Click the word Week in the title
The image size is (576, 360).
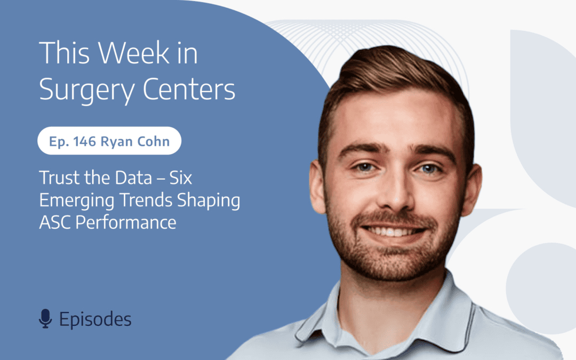coord(134,53)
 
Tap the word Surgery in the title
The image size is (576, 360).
coord(87,90)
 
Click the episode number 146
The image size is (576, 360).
coord(84,141)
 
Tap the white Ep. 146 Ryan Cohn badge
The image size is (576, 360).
coord(109,141)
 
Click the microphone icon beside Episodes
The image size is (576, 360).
coord(45,318)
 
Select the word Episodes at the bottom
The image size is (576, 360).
coord(95,319)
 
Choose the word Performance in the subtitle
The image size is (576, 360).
coord(126,223)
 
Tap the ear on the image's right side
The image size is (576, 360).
coord(471,189)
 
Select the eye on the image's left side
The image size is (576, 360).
coord(365,167)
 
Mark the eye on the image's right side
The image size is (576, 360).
coord(428,169)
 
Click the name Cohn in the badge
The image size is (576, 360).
coord(154,141)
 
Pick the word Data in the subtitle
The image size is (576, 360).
coord(133,178)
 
